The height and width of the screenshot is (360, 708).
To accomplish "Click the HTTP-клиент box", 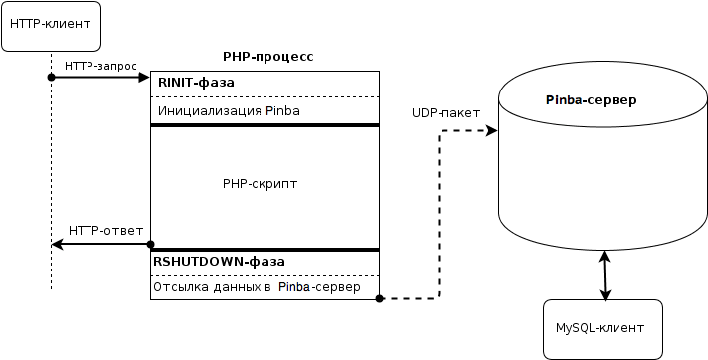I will [x=52, y=26].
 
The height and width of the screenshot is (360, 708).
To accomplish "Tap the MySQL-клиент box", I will [x=604, y=328].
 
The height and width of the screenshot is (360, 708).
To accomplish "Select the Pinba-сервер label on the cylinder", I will [x=592, y=101].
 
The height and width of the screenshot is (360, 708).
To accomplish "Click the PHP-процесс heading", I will [x=267, y=57].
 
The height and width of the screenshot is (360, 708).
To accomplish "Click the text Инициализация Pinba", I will [x=227, y=111].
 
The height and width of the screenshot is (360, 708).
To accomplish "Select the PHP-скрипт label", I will [x=261, y=184].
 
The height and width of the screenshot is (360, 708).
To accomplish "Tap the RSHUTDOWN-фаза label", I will [x=219, y=262].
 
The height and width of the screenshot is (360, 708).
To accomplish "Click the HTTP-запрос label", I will [x=100, y=65].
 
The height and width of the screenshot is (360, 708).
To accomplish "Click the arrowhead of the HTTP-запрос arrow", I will [x=143, y=77].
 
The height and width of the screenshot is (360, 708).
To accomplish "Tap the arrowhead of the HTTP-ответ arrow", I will [x=59, y=244].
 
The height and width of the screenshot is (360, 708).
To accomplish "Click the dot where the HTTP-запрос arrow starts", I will [x=51, y=77].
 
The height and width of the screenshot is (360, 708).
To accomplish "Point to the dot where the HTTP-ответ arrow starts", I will [x=150, y=244].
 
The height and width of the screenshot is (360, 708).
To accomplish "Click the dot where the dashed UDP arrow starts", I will [x=380, y=297].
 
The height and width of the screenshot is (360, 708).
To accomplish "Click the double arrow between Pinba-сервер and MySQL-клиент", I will [x=604, y=275].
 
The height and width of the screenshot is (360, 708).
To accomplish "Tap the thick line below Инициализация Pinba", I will [x=265, y=125].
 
